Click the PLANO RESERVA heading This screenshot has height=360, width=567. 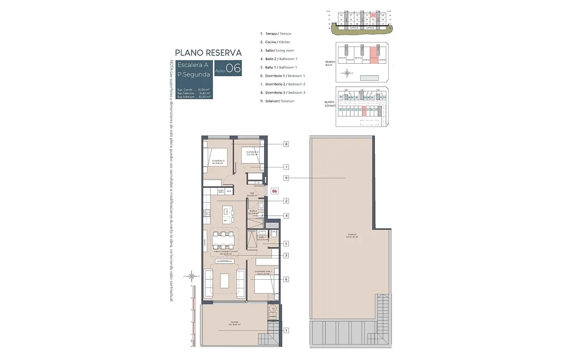(208, 53)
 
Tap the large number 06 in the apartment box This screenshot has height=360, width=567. (233, 68)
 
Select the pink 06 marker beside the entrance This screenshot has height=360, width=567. (274, 191)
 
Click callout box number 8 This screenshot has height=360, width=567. (286, 144)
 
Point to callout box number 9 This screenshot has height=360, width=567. (286, 178)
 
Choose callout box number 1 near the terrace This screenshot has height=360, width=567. (286, 330)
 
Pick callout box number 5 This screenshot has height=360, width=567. (286, 243)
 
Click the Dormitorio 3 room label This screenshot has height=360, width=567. (218, 162)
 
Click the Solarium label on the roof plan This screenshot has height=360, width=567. (353, 235)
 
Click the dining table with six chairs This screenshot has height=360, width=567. (223, 240)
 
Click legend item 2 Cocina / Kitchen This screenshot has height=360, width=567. (276, 42)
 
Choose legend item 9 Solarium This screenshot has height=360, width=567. (277, 101)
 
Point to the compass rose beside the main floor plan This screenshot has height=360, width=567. (192, 276)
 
